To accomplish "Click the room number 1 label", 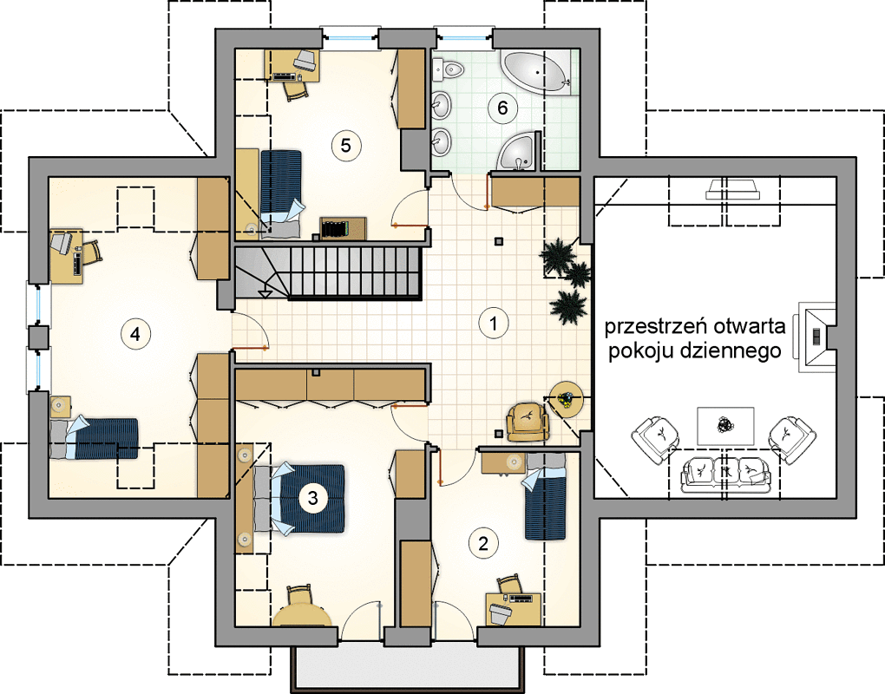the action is [494, 324].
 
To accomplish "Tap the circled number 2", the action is [483, 543].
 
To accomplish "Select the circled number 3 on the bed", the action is [312, 498].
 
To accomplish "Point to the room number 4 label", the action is [134, 334].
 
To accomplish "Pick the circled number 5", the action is [345, 145].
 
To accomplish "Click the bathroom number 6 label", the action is [502, 108].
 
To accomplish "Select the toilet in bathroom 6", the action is [449, 70].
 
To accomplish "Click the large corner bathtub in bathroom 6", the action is [536, 72].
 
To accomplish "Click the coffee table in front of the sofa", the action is [726, 426].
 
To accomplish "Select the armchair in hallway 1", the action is [528, 422].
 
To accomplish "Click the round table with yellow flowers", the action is [567, 399].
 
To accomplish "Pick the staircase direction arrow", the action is [264, 293].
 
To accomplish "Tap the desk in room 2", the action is [514, 608].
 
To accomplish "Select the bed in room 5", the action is [280, 193].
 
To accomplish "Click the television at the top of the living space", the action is [732, 189].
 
